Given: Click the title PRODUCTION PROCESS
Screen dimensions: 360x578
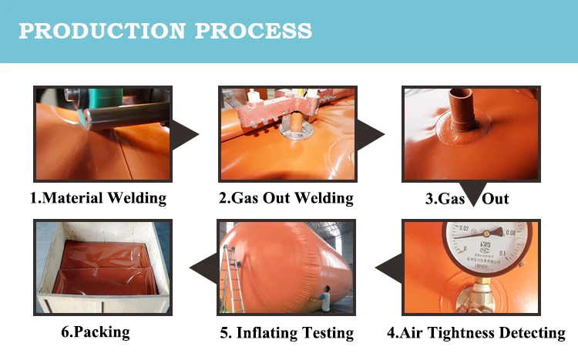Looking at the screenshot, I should [x=165, y=31].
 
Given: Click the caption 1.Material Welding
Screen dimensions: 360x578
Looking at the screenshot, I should [x=98, y=198].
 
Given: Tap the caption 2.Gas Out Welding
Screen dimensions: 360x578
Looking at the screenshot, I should [x=286, y=198].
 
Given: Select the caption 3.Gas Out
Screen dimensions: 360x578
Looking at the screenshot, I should [x=467, y=198].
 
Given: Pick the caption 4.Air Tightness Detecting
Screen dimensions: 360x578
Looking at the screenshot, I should [x=476, y=333].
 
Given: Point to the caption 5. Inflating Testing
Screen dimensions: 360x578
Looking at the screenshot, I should [x=286, y=333].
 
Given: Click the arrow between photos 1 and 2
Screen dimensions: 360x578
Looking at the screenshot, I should [x=184, y=134].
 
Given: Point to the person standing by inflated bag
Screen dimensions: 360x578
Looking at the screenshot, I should [x=326, y=299].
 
